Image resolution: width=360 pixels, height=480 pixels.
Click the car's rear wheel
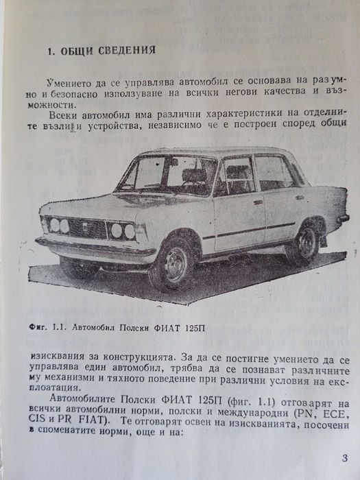(x=304, y=242)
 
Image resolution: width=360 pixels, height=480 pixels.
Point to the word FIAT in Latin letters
(x=105, y=424)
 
